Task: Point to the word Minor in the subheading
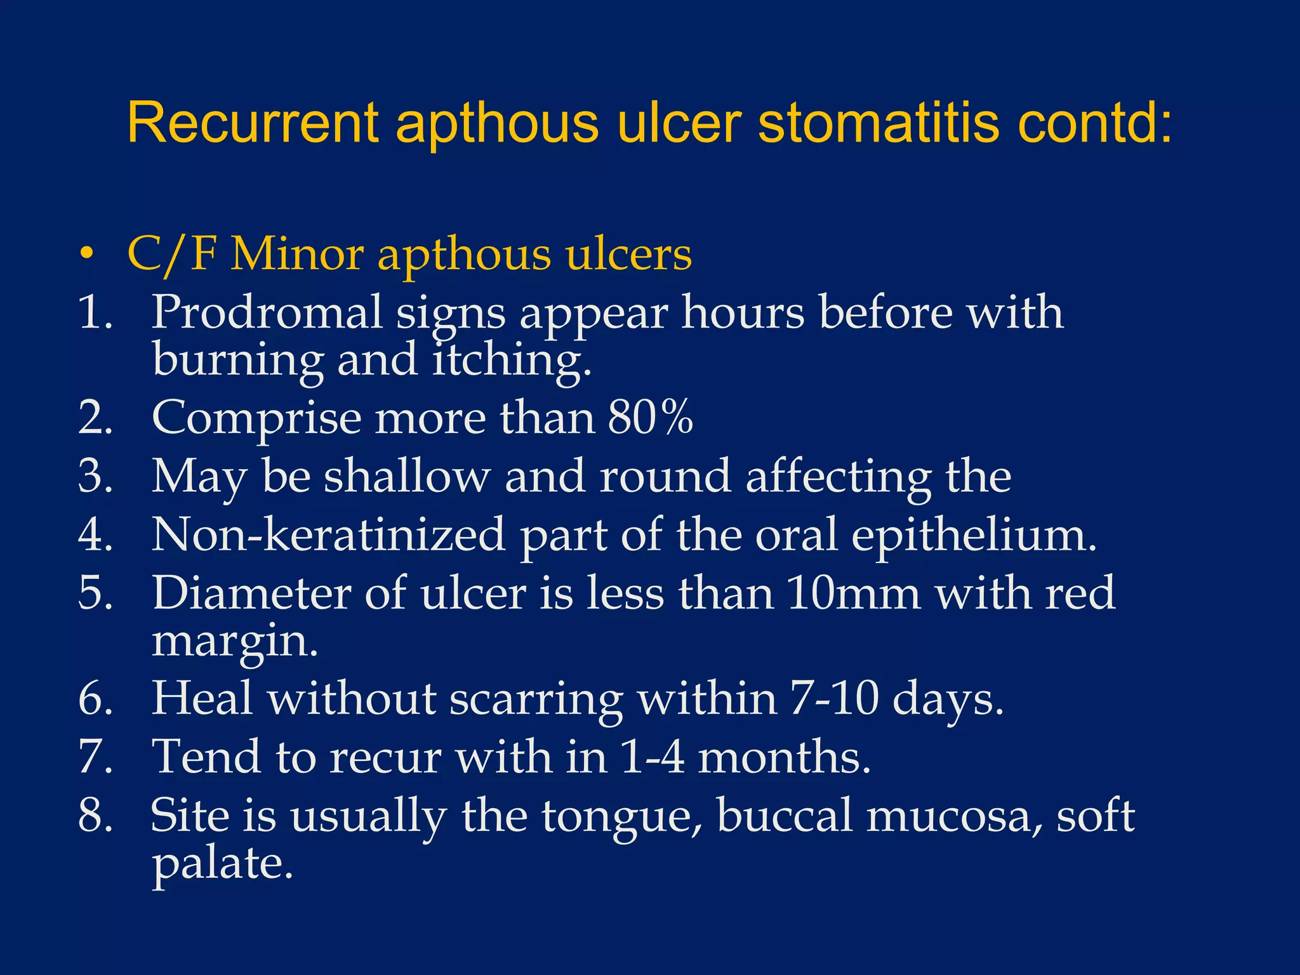pos(296,255)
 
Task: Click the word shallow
pos(407,476)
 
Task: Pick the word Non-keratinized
pos(328,534)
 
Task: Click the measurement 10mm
pos(852,593)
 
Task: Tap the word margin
pos(234,641)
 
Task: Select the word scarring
pos(536,699)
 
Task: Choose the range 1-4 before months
pos(652,757)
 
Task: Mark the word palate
pos(222,864)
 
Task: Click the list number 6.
pos(95,699)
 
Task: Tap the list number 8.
pos(95,816)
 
